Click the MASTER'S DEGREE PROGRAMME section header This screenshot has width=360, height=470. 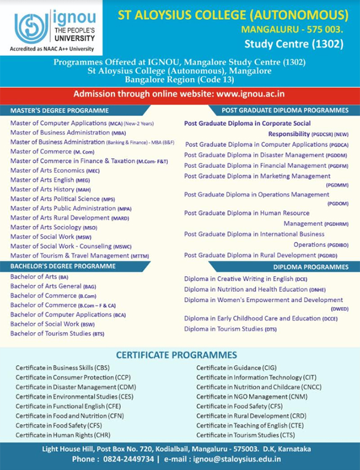[x=59, y=110]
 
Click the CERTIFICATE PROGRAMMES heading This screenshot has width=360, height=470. [x=176, y=355]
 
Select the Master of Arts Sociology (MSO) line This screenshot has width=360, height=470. [x=54, y=227]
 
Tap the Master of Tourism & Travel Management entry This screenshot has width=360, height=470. [x=72, y=255]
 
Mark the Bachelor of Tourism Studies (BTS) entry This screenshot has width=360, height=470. [x=57, y=333]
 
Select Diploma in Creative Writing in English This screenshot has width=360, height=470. [x=246, y=279]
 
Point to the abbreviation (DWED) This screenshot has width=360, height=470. [x=339, y=308]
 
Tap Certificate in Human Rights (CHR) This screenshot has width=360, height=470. [x=63, y=435]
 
